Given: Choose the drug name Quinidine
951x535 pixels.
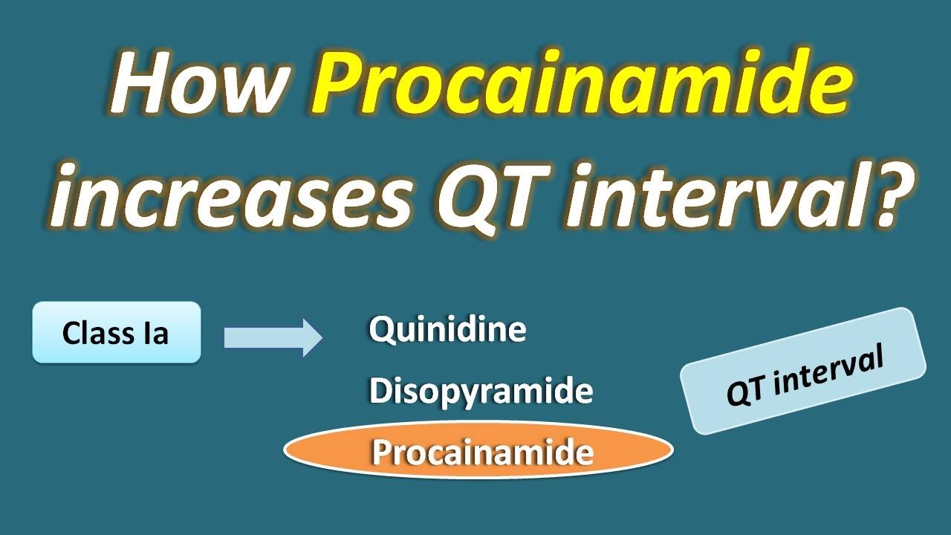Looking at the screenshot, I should click(x=447, y=330).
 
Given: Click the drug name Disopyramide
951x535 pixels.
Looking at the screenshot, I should click(x=481, y=391).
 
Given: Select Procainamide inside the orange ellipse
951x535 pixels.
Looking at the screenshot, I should click(x=482, y=452).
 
